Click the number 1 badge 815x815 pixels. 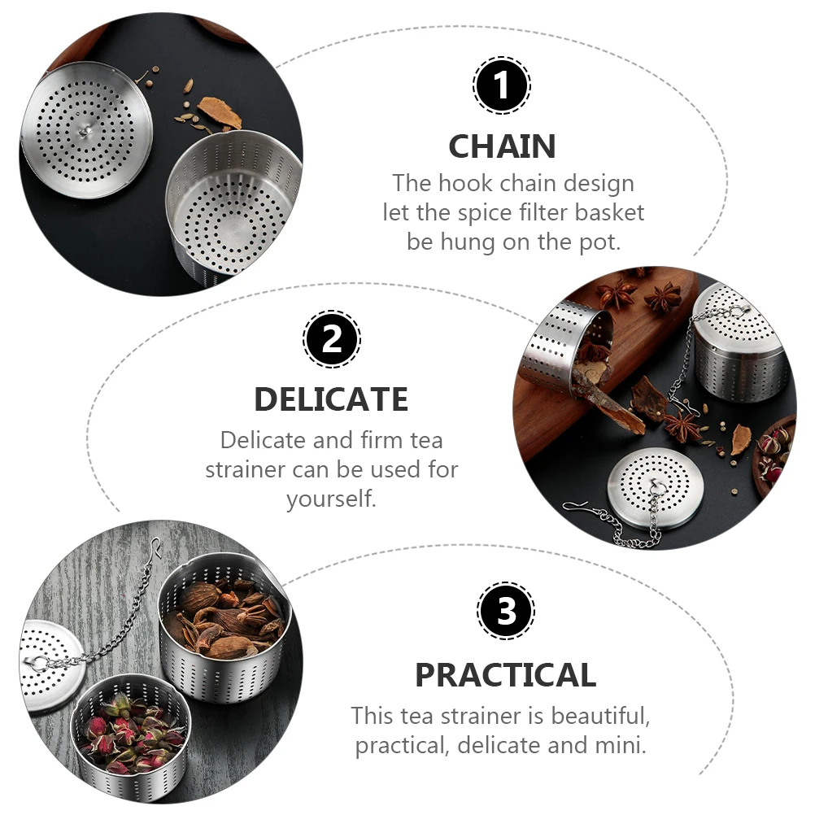[502, 85]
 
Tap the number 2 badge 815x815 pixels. [332, 339]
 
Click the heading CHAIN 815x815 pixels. [502, 146]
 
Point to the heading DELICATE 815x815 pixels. [331, 399]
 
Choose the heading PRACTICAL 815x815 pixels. [505, 675]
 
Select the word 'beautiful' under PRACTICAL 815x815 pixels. [600, 716]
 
